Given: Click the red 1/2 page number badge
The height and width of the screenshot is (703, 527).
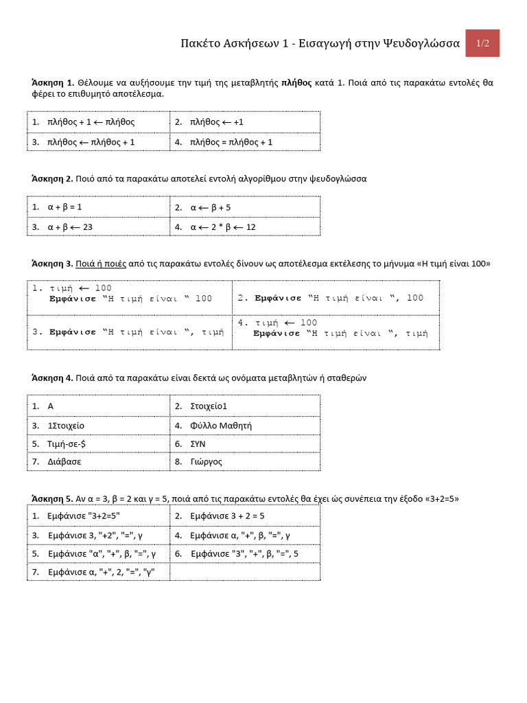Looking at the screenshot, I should click(x=482, y=43).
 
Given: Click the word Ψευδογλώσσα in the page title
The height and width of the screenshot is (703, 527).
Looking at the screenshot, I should click(x=419, y=43).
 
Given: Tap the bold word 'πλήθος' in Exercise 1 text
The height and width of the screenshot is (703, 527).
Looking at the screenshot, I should click(x=296, y=82).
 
